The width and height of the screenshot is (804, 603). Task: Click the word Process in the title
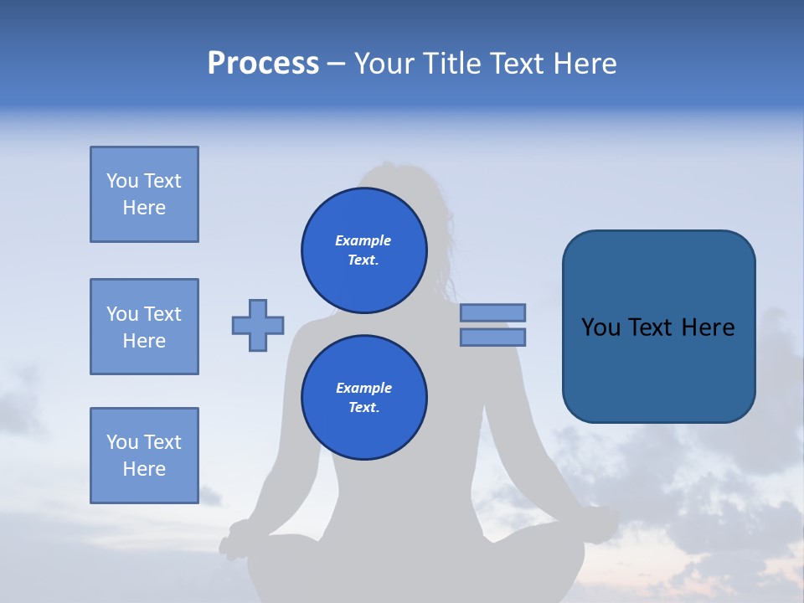[x=263, y=64]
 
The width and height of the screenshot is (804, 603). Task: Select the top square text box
[x=144, y=194]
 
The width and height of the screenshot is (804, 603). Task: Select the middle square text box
[x=144, y=327]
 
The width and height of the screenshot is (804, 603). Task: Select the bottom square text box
[x=144, y=456]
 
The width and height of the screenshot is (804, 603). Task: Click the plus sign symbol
[x=258, y=325]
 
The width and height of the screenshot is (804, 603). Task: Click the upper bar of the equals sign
[x=492, y=312]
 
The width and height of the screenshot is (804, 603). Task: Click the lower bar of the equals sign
[x=492, y=337]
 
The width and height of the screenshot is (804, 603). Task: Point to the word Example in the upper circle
[x=363, y=240]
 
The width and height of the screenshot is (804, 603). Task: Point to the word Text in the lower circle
[x=363, y=408]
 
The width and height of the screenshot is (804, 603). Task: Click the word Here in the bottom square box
[x=144, y=469]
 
